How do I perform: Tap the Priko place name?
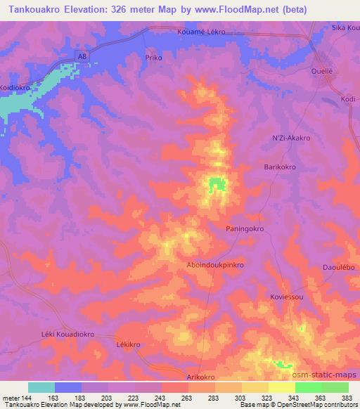pyautogui.click(x=153, y=57)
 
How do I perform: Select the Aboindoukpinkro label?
pyautogui.click(x=215, y=265)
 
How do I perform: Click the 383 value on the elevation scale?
pyautogui.click(x=347, y=398)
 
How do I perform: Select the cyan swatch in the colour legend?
pyautogui.click(x=41, y=387)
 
